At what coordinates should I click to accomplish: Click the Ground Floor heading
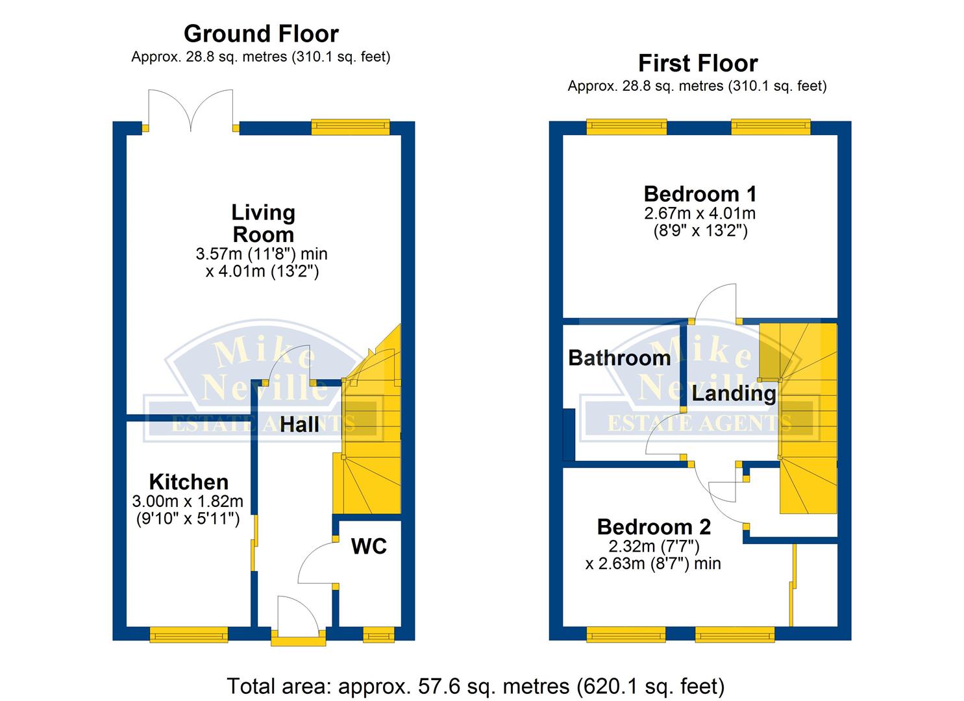pos(261,34)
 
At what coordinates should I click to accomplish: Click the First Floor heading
pos(698,63)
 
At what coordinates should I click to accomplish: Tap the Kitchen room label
pos(188,482)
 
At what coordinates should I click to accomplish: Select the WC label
pos(369,547)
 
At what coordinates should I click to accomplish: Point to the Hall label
pos(299,424)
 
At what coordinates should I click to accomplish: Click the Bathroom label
pos(619,358)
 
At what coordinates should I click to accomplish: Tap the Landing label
pos(734,393)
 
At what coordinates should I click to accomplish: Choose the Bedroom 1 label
pos(700,194)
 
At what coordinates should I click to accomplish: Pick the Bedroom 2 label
pos(654,527)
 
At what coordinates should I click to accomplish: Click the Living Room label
pos(264,224)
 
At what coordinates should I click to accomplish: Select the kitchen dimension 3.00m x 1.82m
pos(188,501)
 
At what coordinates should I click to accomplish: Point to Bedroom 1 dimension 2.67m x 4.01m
pos(700,214)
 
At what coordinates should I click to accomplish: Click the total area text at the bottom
pos(476,686)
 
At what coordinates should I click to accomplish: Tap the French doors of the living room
pos(191,110)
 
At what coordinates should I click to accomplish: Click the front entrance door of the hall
pos(299,621)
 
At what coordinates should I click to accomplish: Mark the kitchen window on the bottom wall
pos(189,635)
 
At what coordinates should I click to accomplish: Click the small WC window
pos(378,635)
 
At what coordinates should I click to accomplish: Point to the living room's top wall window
pos(351,127)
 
